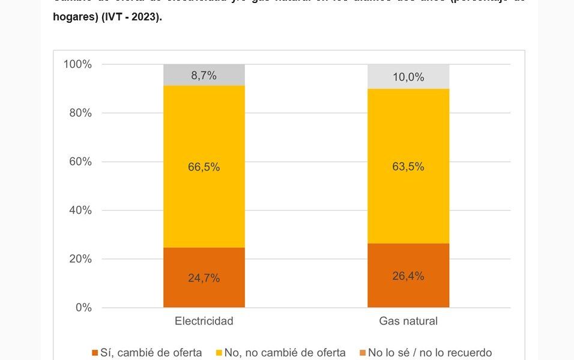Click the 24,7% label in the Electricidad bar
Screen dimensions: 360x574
coord(204,278)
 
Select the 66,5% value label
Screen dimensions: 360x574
coord(204,167)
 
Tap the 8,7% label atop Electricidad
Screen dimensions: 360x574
coord(204,76)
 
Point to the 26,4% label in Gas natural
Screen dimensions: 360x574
coord(408,276)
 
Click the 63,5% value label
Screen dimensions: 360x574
coord(408,166)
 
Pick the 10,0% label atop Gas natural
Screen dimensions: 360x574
coord(408,77)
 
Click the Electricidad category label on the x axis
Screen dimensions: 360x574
coord(204,321)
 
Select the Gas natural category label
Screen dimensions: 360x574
coord(408,321)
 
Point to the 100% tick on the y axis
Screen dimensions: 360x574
coord(77,64)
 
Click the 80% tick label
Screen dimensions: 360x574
coord(80,113)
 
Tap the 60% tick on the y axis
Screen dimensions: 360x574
coord(80,161)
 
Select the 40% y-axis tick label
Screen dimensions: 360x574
coord(80,210)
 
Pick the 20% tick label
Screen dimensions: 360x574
coord(80,259)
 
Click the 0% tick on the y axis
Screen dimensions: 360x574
coord(83,307)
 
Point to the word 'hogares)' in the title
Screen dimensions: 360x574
coord(75,17)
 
